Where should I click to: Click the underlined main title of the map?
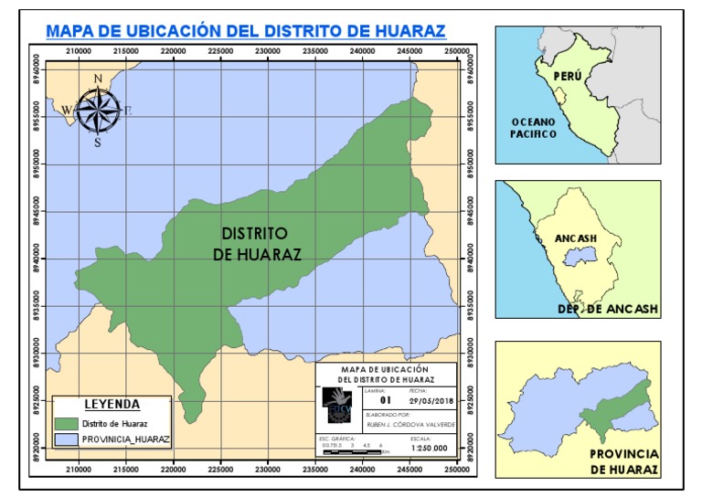(245, 32)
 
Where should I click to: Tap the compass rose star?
(97, 111)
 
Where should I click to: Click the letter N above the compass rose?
(97, 79)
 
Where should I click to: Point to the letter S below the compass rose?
(97, 143)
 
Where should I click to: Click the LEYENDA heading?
(112, 404)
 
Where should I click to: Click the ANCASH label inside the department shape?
(576, 238)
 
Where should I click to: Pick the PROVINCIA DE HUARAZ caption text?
(623, 461)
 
